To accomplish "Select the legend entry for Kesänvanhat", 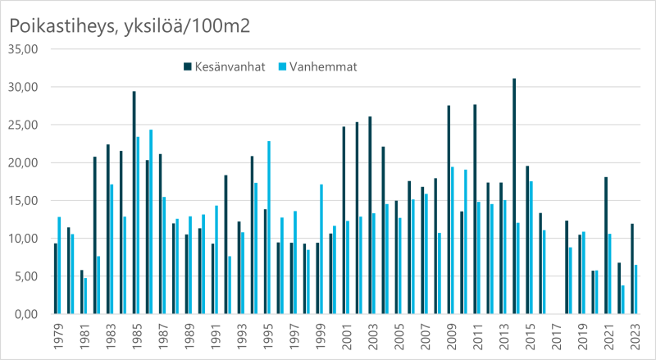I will pyautogui.click(x=223, y=66).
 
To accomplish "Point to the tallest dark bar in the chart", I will pyautogui.click(x=514, y=196).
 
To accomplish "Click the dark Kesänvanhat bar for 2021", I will pyautogui.click(x=606, y=245).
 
